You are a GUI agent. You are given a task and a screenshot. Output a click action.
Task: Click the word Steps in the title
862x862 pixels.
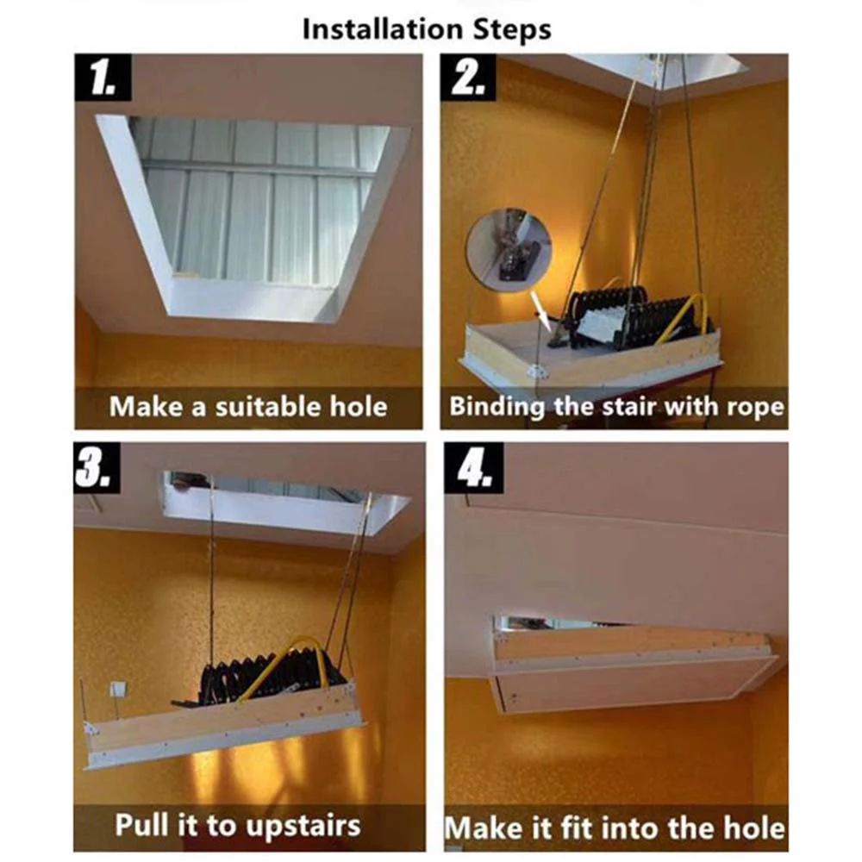(512, 29)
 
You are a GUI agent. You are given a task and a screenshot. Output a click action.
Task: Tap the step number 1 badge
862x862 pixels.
(103, 77)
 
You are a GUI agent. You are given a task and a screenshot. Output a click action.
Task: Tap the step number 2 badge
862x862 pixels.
(468, 77)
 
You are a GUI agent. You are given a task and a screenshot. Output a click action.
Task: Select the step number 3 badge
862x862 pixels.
(97, 467)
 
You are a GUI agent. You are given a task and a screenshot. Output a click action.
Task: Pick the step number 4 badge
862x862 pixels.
(474, 467)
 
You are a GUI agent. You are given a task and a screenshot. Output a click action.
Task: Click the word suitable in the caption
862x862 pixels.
(268, 407)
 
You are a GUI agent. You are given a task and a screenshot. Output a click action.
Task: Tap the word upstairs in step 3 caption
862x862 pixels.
(302, 826)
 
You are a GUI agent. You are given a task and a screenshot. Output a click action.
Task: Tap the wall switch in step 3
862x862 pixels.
(117, 689)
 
